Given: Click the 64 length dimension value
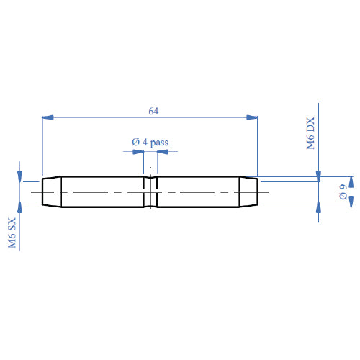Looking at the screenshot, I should click(x=153, y=111).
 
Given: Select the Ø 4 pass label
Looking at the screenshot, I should click(x=150, y=143).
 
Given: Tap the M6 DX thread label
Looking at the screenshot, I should click(x=311, y=134).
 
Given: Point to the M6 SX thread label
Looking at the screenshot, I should click(x=12, y=234).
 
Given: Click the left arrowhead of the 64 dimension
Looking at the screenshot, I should click(x=48, y=117).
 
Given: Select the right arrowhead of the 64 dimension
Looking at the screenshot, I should click(x=252, y=117).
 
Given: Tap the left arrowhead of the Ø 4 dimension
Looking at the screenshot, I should click(x=127, y=152).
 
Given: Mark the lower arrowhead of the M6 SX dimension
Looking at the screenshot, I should click(x=20, y=206).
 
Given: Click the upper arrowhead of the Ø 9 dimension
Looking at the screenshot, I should click(x=351, y=181).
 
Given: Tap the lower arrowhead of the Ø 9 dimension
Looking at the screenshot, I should click(x=351, y=202).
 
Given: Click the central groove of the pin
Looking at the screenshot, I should click(x=150, y=192).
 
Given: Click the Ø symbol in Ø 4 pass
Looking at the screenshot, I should click(x=135, y=143).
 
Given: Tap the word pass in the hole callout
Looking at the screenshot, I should click(x=160, y=143).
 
